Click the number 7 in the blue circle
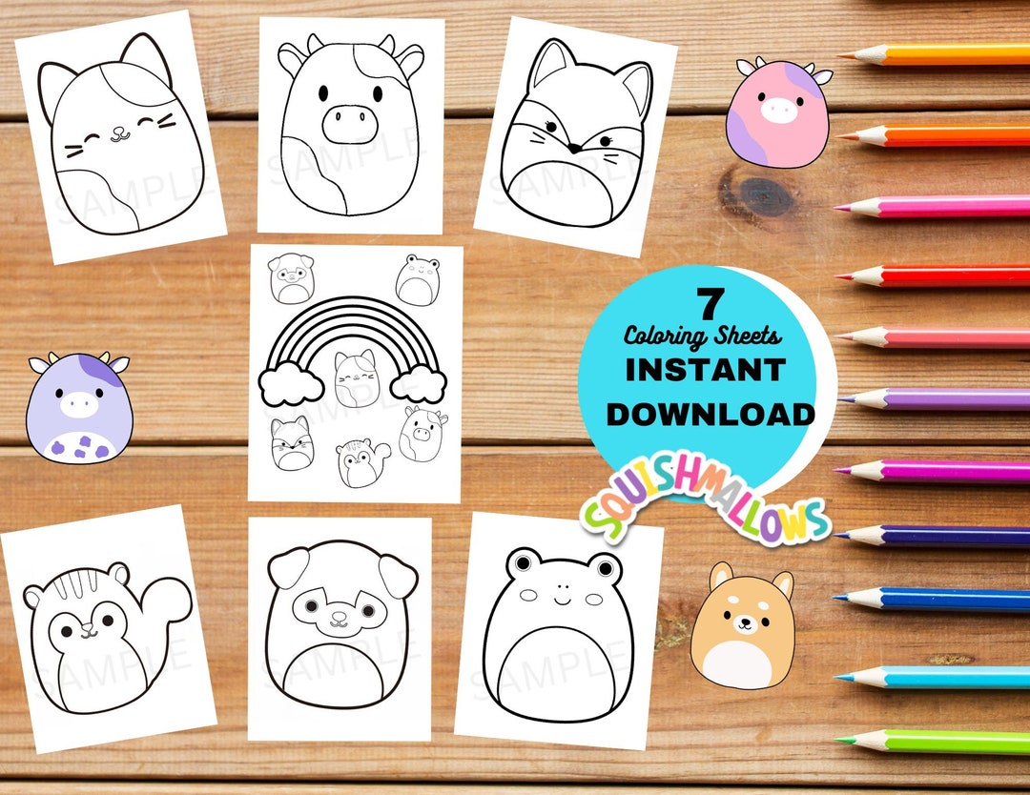tap(707, 305)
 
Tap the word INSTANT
tap(705, 369)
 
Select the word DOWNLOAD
tap(711, 413)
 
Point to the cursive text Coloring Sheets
tap(703, 336)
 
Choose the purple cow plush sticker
tap(79, 408)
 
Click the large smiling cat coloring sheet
tap(119, 138)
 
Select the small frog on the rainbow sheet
tap(417, 278)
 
